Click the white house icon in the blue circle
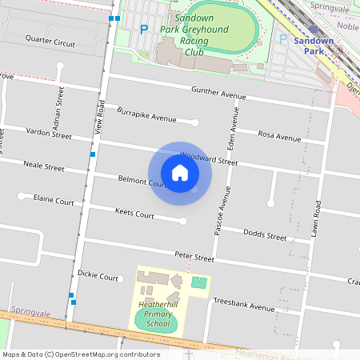pyautogui.click(x=180, y=172)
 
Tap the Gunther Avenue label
pyautogui.click(x=218, y=94)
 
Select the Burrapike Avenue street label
pyautogui.click(x=146, y=114)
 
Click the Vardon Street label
pyautogui.click(x=49, y=132)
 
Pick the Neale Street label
pyautogui.click(x=44, y=166)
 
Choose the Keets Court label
pyautogui.click(x=134, y=214)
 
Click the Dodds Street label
pyautogui.click(x=265, y=236)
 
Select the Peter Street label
pyautogui.click(x=194, y=258)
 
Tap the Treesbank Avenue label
pyautogui.click(x=244, y=305)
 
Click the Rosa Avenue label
pyautogui.click(x=279, y=135)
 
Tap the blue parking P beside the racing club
pyautogui.click(x=144, y=30)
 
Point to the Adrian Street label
pyautogui.click(x=60, y=102)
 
